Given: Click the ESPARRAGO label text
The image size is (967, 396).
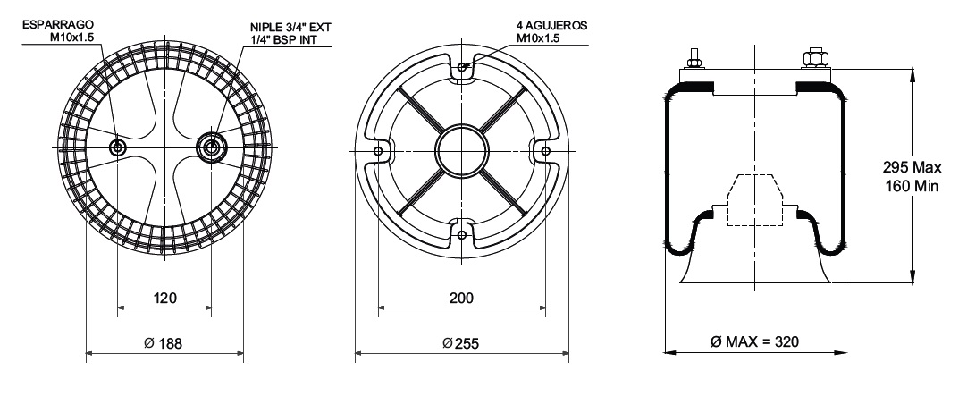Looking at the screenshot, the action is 58,25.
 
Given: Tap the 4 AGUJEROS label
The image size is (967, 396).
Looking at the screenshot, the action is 552,26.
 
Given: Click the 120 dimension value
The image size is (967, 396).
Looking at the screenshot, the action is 164,298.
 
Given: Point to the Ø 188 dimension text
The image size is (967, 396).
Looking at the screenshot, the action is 164,343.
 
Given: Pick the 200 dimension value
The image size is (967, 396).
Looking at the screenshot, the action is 461,298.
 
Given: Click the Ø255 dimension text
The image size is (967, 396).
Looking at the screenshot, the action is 460,343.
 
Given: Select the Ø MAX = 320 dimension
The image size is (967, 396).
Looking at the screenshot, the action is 754,341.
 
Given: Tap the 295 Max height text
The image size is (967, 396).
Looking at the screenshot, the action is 912,167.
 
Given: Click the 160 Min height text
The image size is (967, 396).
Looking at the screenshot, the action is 912,186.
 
